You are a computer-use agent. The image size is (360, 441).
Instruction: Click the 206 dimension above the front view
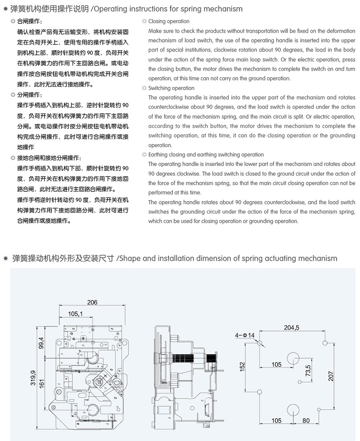(92, 303)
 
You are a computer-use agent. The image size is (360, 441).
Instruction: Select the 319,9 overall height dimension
(33, 378)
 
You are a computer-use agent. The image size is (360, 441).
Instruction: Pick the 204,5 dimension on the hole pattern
(292, 327)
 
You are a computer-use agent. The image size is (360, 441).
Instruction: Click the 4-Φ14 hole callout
(245, 335)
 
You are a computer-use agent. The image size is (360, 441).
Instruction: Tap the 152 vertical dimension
(242, 367)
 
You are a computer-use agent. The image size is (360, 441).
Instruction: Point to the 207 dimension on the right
(331, 376)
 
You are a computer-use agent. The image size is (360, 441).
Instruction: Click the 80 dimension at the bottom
(306, 421)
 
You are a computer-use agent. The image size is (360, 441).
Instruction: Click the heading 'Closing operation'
(168, 21)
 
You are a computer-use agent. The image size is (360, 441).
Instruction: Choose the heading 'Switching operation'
(171, 88)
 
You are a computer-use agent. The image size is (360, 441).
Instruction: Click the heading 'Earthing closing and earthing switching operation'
(206, 154)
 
